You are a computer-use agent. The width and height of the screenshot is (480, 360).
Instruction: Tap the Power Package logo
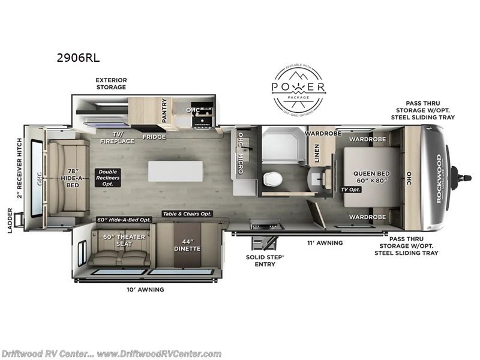pyautogui.click(x=299, y=89)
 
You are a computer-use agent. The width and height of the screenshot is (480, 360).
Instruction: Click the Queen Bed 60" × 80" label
pyautogui.click(x=372, y=177)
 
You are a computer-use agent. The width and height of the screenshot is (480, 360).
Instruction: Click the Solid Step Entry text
pyautogui.click(x=266, y=260)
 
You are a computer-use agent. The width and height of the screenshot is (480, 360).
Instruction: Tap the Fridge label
pyautogui.click(x=154, y=137)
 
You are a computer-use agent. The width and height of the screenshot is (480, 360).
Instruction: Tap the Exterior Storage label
pyautogui.click(x=112, y=83)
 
